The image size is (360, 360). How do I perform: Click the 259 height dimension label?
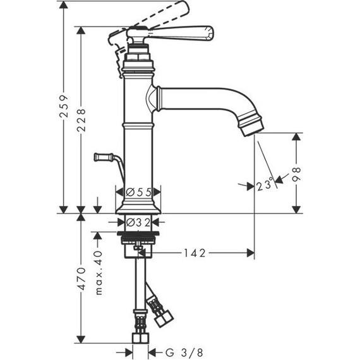64,106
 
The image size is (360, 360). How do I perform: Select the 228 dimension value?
81,120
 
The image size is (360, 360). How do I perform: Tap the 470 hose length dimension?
81,279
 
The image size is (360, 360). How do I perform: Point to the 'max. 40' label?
99,273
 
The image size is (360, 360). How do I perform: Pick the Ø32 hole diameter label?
138,222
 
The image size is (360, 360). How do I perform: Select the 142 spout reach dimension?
195,253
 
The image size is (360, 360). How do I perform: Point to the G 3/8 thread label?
184,352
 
